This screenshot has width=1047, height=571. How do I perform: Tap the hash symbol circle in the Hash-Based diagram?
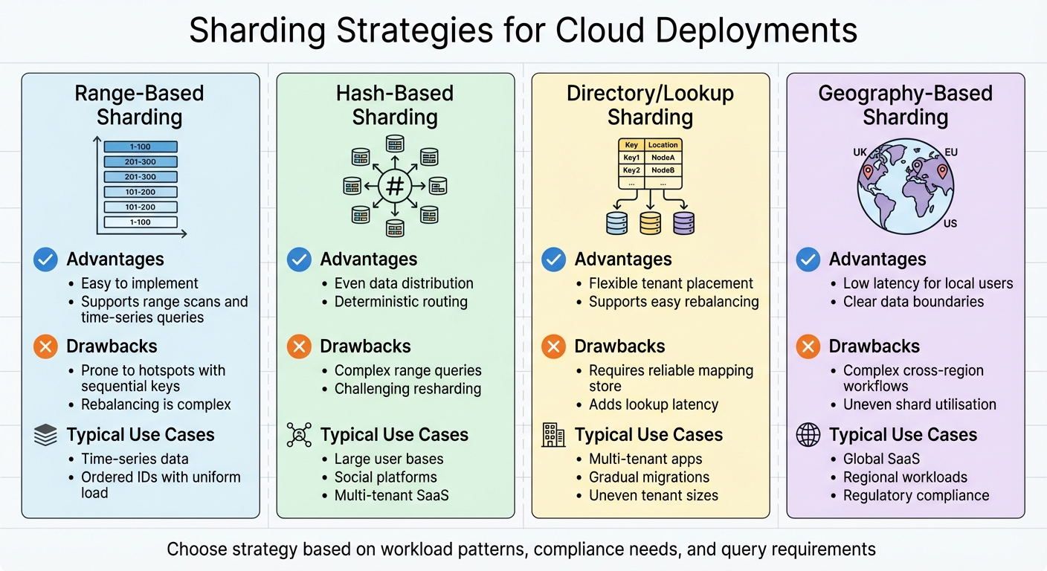(x=395, y=186)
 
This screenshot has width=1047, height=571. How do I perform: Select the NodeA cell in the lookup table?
(x=663, y=158)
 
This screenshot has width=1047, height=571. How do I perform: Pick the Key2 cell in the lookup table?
(x=631, y=170)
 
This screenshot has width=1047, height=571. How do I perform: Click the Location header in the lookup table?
(x=663, y=145)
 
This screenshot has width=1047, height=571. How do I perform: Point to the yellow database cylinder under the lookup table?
(x=651, y=223)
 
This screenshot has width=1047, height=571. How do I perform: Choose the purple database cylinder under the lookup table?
(x=683, y=223)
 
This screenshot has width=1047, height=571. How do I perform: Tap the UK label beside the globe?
(x=860, y=152)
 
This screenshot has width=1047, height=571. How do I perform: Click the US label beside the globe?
(x=950, y=224)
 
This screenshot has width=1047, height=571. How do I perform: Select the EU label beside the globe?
(x=951, y=152)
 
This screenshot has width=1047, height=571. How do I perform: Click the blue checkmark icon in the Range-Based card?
(x=45, y=259)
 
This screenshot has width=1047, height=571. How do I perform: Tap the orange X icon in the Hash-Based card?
(x=299, y=346)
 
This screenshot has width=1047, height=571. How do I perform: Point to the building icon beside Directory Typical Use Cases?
(x=553, y=435)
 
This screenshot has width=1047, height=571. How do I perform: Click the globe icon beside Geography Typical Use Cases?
(x=808, y=435)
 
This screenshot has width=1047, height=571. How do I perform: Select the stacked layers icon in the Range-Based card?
(x=45, y=435)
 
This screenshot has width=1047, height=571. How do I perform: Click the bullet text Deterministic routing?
(x=401, y=302)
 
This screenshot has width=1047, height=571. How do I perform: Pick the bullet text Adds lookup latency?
(x=654, y=404)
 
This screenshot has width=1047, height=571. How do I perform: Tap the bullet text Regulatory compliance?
(x=916, y=495)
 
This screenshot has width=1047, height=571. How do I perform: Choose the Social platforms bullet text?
(x=386, y=477)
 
